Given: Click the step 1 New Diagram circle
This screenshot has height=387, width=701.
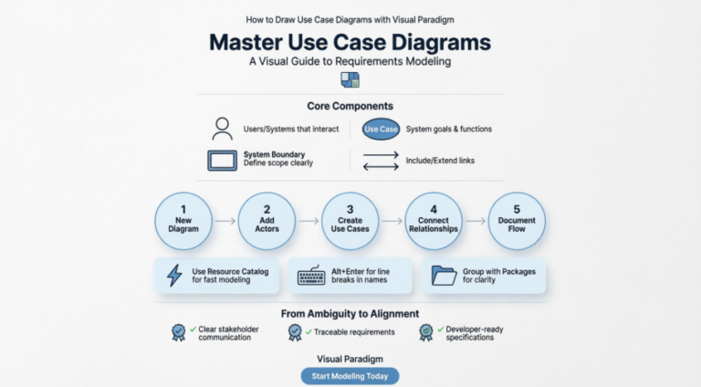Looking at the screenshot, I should [183, 220].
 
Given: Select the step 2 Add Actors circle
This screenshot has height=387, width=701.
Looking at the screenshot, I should [267, 220].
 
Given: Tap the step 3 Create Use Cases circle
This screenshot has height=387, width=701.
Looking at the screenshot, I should [350, 220].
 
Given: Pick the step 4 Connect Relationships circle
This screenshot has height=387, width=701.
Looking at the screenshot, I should [434, 220].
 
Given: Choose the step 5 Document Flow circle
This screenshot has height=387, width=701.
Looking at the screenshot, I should [518, 220].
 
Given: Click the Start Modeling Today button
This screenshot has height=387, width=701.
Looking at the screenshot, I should [350, 376].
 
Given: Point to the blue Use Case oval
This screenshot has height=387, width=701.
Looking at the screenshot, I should [381, 130].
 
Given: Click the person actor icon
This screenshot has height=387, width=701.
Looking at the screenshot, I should [222, 129].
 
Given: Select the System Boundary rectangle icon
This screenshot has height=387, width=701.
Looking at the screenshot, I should [222, 160].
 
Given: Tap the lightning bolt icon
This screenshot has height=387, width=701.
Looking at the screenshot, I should [174, 275].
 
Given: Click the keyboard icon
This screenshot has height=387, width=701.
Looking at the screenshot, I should [311, 275].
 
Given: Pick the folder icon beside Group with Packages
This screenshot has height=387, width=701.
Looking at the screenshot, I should [444, 275].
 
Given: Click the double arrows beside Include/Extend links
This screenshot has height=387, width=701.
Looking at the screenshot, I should [381, 161].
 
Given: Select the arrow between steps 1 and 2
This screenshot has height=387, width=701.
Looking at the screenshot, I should [225, 221].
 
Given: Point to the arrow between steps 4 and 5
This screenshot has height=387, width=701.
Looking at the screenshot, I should [476, 221].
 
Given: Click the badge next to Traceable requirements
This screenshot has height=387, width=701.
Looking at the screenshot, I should [295, 333].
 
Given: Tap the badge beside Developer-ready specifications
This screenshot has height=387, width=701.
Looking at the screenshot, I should [426, 333].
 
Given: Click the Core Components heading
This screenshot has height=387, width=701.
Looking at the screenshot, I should [350, 107].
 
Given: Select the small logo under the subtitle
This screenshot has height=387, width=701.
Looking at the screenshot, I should [350, 79].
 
